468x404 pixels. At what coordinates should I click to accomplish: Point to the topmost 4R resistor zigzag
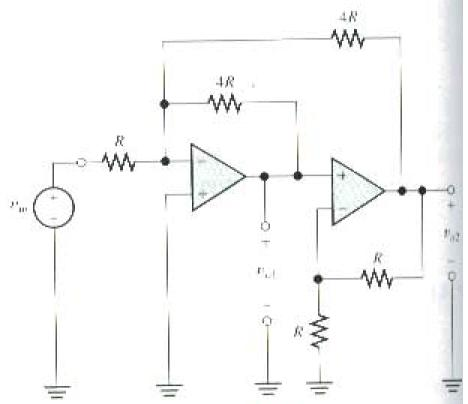[x=349, y=39]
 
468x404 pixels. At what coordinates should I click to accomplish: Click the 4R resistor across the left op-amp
[x=225, y=101]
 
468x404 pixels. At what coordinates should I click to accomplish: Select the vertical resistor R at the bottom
[x=319, y=331]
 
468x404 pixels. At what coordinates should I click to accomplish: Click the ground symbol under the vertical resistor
[x=319, y=383]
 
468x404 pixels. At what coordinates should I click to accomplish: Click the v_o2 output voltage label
[x=448, y=236]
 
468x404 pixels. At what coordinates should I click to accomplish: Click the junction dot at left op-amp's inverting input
[x=165, y=159]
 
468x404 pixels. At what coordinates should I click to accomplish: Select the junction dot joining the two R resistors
[x=319, y=278]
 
